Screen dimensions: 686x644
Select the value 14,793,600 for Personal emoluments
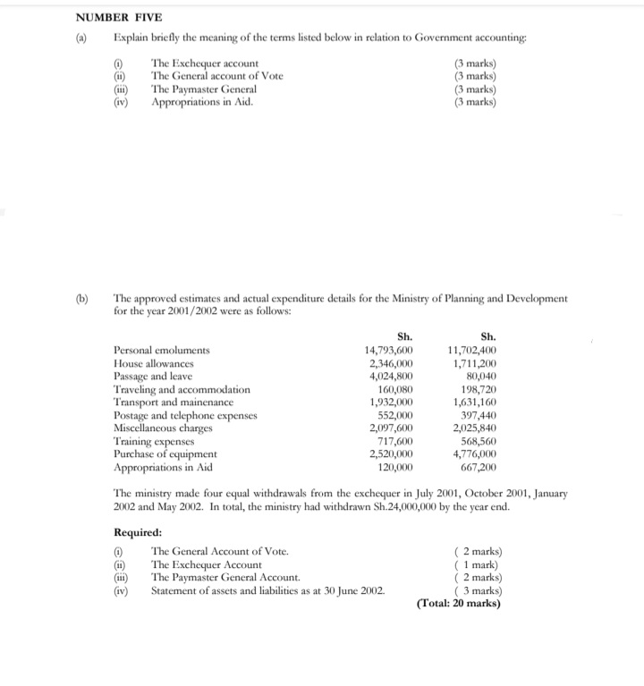coord(387,351)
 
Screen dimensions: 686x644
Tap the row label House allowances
coord(153,364)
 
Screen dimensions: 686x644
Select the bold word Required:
coord(138,532)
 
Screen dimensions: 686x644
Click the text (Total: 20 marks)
coord(459,604)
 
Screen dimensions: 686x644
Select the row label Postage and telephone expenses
coord(185,416)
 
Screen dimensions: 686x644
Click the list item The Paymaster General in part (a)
coord(204,89)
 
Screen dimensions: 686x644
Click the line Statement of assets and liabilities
coord(268,590)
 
